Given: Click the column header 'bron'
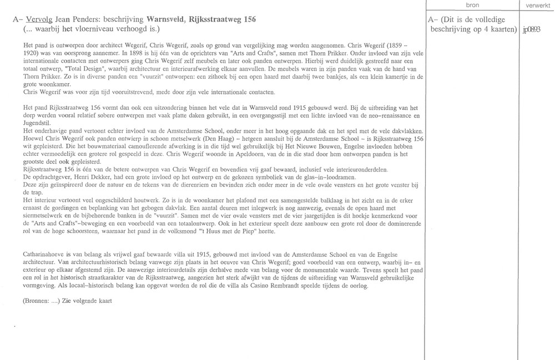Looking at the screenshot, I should tap(472, 5).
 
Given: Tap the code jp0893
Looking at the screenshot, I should tap(531, 29).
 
